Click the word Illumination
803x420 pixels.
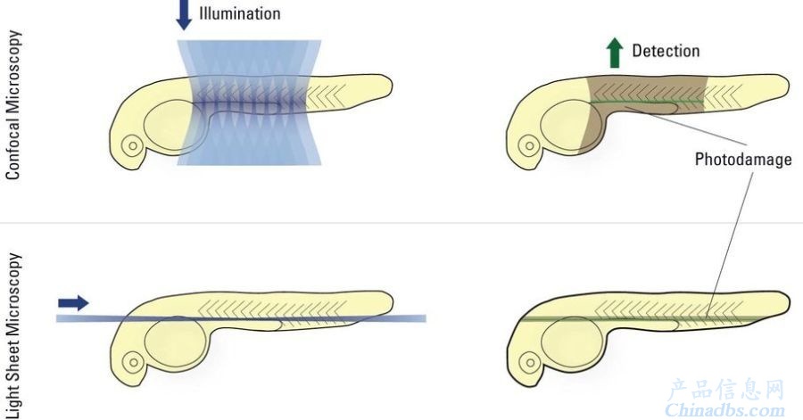pyautogui.click(x=240, y=13)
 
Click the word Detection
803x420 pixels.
pyautogui.click(x=666, y=51)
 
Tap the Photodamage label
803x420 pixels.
pyautogui.click(x=743, y=159)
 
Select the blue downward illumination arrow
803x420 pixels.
pyautogui.click(x=184, y=15)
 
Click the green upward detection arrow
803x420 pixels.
pyautogui.click(x=615, y=54)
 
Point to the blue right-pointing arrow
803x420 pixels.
pyautogui.click(x=73, y=303)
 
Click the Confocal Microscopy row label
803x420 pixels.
pyautogui.click(x=13, y=105)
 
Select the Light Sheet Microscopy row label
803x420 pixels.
pyautogui.click(x=13, y=335)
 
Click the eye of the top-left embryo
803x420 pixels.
pyautogui.click(x=132, y=146)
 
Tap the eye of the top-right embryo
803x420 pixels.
pyautogui.click(x=528, y=146)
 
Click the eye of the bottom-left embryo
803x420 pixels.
pyautogui.click(x=133, y=363)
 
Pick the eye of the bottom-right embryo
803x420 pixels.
pyautogui.click(x=530, y=363)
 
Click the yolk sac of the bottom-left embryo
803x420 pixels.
pyautogui.click(x=176, y=342)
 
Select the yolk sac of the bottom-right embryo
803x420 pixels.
pyautogui.click(x=573, y=342)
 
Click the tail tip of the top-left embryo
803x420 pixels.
pyautogui.click(x=393, y=85)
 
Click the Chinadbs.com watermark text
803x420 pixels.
pyautogui.click(x=724, y=410)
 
